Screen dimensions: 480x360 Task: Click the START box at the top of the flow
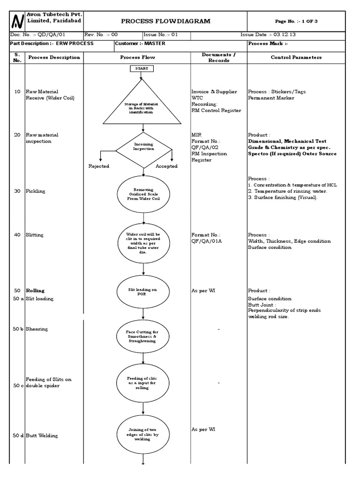click(x=141, y=68)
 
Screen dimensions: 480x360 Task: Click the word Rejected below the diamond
click(x=99, y=166)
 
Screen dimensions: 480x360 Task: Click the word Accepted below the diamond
click(x=166, y=166)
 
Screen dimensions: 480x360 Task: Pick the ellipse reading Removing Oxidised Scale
click(x=143, y=194)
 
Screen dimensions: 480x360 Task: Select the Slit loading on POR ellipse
click(x=143, y=292)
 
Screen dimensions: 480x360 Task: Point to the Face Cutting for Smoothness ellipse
click(x=143, y=336)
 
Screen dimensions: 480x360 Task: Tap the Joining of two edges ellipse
click(x=143, y=434)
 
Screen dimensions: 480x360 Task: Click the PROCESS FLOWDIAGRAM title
click(x=165, y=21)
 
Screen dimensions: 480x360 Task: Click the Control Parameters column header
click(x=296, y=57)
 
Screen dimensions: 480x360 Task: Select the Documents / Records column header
click(x=218, y=57)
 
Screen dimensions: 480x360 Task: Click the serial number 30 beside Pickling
click(x=17, y=191)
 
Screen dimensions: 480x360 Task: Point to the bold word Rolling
click(x=35, y=291)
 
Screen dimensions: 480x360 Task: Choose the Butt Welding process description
click(x=42, y=436)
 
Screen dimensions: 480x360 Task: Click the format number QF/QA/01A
click(x=209, y=241)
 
